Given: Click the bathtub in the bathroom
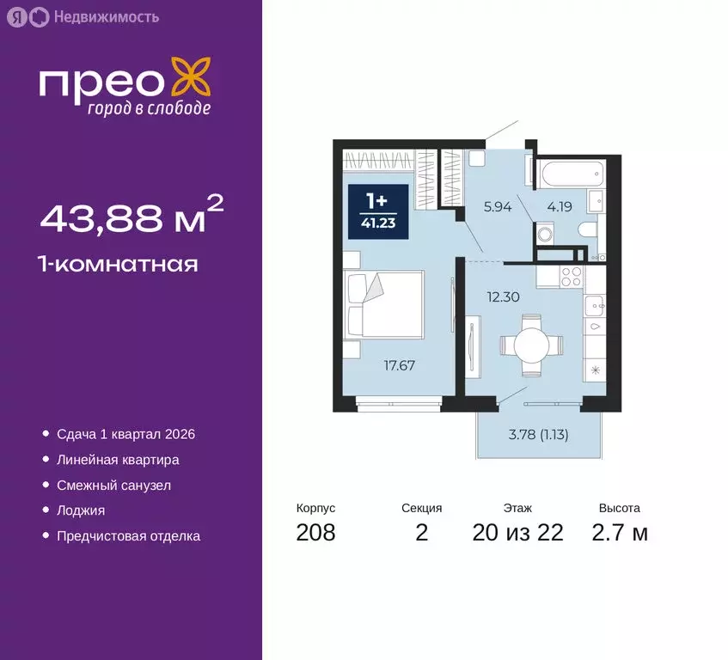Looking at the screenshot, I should [571, 174].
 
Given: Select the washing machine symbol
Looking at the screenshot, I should [544, 234].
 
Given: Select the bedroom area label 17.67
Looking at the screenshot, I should [399, 365].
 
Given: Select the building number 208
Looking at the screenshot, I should [315, 533].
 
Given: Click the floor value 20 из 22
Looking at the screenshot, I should [517, 533].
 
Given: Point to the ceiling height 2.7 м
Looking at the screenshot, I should [619, 533].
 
